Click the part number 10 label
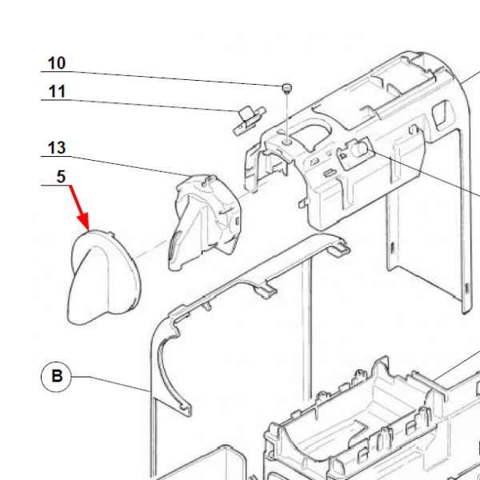pyautogui.click(x=57, y=63)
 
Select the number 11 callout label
pyautogui.click(x=57, y=91)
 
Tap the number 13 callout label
pyautogui.click(x=57, y=148)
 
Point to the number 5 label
pyautogui.click(x=61, y=177)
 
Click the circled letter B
pyautogui.click(x=57, y=376)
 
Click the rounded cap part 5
pyautogui.click(x=100, y=276)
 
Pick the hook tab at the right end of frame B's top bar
pyautogui.click(x=339, y=249)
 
